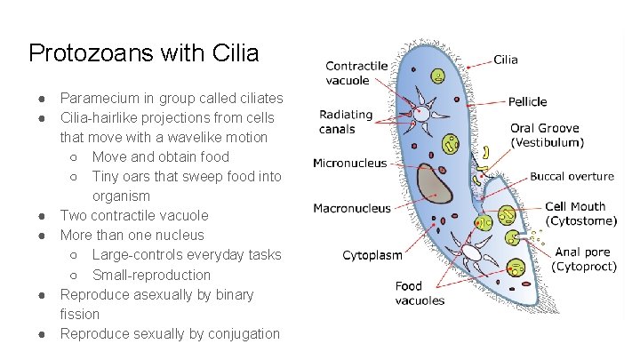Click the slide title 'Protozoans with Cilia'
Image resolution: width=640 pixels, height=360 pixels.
(143, 53)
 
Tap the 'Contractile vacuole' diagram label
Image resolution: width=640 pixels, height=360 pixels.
(356, 73)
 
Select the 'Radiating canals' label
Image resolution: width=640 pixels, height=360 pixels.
(346, 122)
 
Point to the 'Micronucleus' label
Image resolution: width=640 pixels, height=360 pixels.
(350, 163)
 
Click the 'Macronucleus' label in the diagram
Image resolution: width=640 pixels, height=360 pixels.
(352, 209)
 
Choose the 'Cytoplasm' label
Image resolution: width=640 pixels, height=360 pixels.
(372, 255)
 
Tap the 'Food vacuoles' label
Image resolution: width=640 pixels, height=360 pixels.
(420, 292)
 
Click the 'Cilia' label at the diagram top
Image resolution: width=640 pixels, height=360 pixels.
(506, 60)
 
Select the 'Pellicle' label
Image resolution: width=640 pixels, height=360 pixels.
(528, 101)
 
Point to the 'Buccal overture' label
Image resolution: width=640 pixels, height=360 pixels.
(572, 177)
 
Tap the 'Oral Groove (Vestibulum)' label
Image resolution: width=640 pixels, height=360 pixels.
(547, 135)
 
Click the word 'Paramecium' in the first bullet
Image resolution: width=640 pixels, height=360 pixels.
(100, 98)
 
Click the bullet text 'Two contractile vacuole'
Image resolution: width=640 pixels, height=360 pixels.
(134, 215)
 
